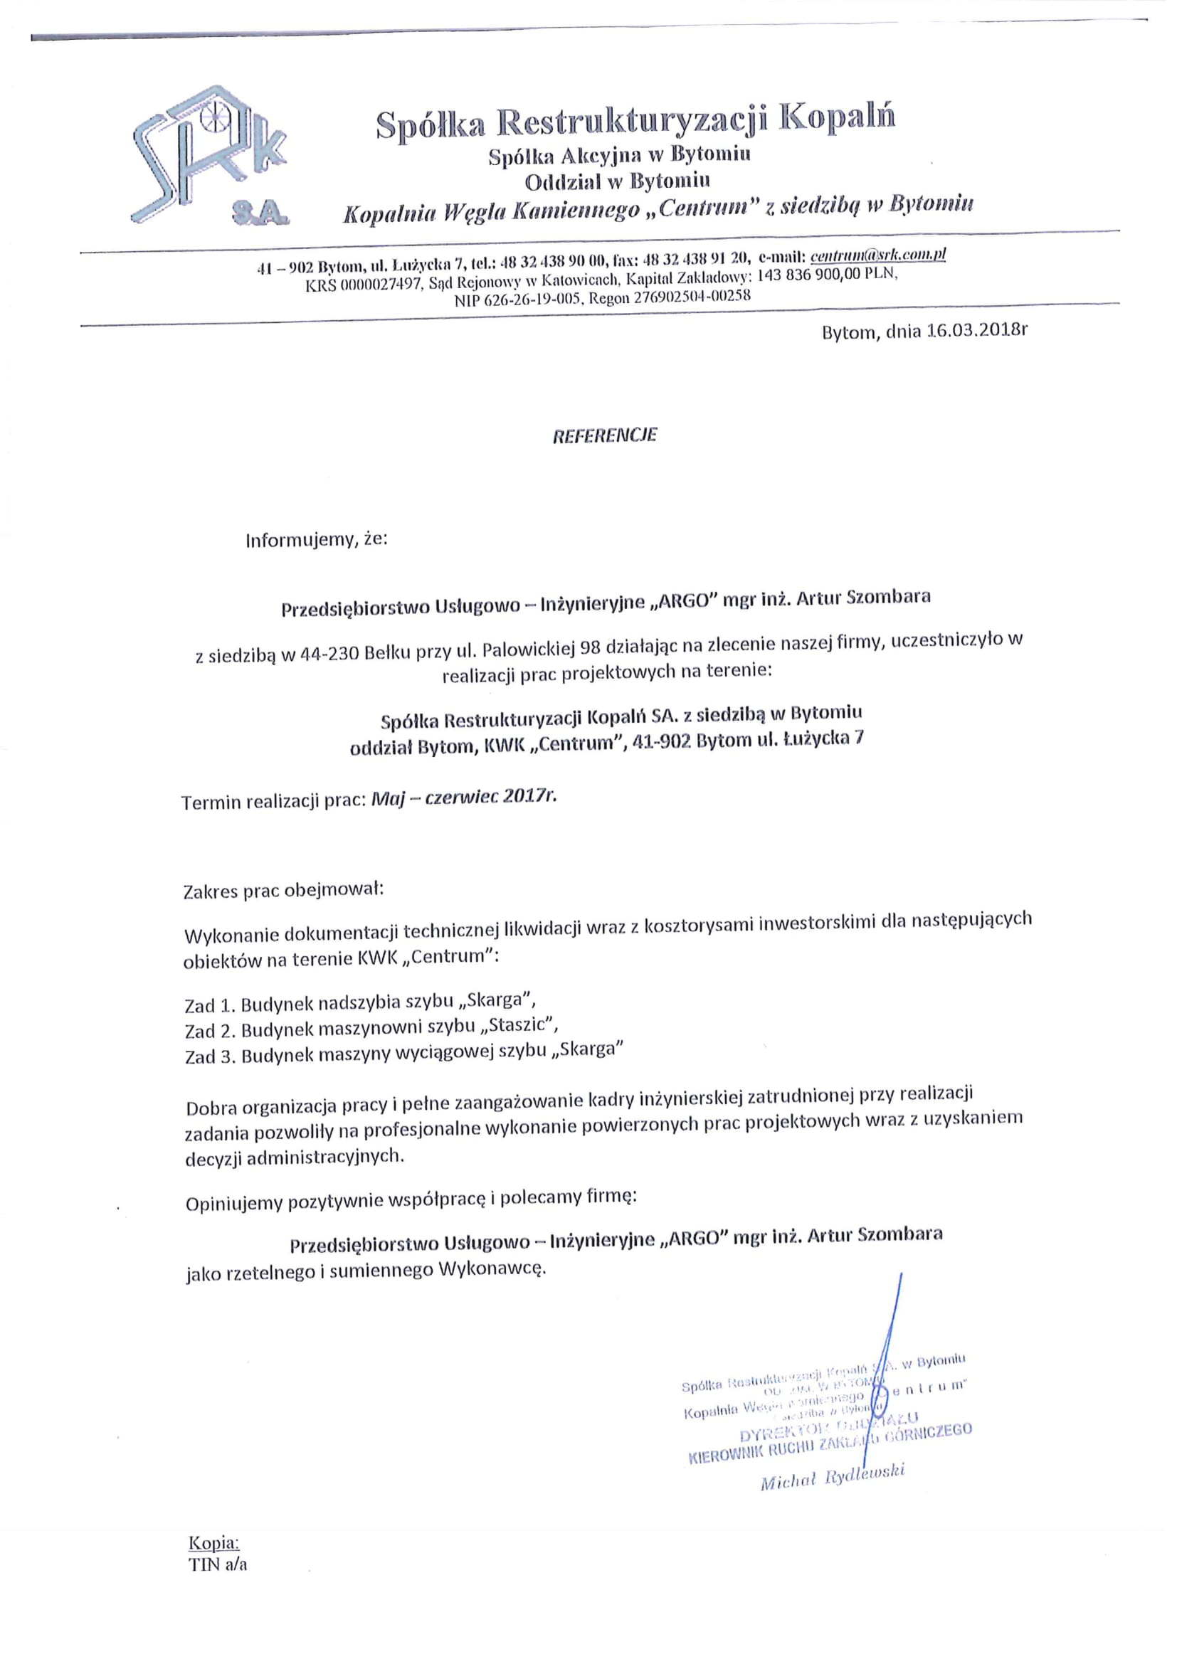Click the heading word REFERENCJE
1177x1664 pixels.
click(604, 435)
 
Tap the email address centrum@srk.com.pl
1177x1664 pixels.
click(878, 255)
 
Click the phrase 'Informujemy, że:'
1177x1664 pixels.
click(317, 540)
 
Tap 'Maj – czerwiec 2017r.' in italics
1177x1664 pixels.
click(464, 797)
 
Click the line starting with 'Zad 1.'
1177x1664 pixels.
click(360, 1002)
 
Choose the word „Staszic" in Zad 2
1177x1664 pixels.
click(522, 1027)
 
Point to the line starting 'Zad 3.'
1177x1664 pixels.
click(403, 1052)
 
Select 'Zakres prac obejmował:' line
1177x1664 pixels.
click(283, 889)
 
